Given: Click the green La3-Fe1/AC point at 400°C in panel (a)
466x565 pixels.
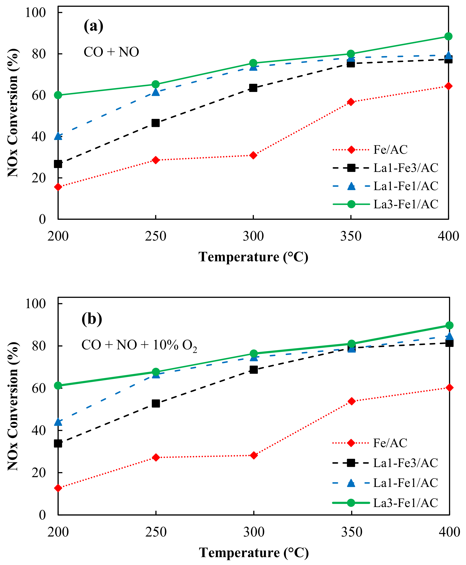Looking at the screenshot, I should pos(448,36).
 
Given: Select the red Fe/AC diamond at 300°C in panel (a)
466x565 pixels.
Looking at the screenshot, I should pos(253,155).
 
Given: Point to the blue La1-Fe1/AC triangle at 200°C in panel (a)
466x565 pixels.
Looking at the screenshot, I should pos(58,136).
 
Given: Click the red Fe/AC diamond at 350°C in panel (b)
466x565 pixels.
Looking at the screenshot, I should pos(351,401).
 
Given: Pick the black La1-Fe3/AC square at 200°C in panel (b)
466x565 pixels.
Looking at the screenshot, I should pos(58,444).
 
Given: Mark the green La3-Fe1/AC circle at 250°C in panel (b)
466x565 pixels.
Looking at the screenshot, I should pos(156,372).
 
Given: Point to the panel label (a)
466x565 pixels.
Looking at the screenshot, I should pos(93,26).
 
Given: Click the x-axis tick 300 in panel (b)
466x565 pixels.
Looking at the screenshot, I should pos(254,532).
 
